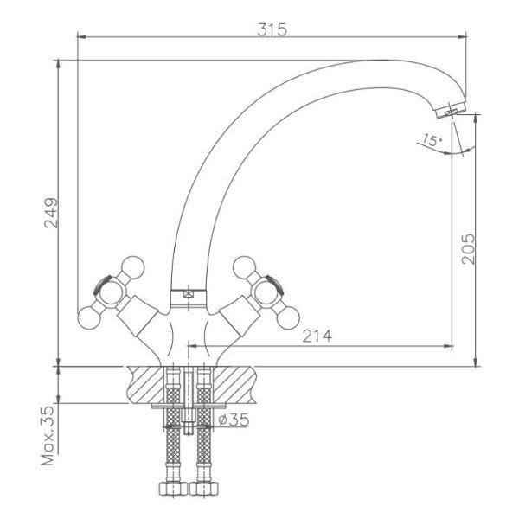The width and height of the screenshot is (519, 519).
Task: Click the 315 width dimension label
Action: click(272, 29)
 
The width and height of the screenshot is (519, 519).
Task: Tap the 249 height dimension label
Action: click(51, 213)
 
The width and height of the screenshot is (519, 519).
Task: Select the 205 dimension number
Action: click(468, 249)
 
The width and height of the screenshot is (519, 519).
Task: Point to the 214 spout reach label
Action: click(317, 336)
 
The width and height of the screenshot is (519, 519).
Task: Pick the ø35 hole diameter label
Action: click(234, 420)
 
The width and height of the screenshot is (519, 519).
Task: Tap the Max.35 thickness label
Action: click(48, 435)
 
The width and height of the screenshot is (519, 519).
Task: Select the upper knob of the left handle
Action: click(132, 267)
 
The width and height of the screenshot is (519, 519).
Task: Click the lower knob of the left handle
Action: click(89, 317)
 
